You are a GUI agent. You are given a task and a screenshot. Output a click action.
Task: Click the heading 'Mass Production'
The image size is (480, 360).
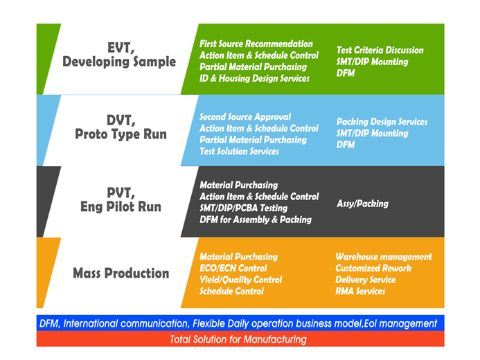click(x=121, y=273)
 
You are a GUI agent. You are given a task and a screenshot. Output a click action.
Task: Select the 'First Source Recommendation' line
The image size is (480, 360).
click(x=256, y=44)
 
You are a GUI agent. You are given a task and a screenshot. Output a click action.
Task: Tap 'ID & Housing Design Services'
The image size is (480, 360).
click(x=254, y=78)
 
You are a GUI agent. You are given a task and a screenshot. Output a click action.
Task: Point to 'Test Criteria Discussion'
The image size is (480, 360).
click(x=380, y=50)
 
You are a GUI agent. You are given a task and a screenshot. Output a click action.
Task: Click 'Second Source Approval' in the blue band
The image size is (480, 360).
click(x=245, y=117)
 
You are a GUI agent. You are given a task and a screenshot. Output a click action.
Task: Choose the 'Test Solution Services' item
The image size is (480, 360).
click(x=239, y=151)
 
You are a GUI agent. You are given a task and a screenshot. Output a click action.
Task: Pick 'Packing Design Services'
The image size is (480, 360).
click(x=382, y=122)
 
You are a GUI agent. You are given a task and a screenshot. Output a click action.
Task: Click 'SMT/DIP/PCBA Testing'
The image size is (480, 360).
click(x=243, y=208)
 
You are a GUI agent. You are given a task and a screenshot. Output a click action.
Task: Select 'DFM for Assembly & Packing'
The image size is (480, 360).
click(x=255, y=219)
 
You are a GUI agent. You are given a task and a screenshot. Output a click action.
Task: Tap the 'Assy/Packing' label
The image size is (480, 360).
click(x=362, y=204)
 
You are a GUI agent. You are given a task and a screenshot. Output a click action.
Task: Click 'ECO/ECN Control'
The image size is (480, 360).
click(x=233, y=268)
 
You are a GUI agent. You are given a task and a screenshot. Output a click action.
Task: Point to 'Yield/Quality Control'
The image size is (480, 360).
click(x=240, y=280)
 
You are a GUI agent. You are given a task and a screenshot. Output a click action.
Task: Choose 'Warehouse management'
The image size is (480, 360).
click(x=383, y=257)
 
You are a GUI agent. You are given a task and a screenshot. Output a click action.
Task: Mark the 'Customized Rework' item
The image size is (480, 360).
click(x=373, y=268)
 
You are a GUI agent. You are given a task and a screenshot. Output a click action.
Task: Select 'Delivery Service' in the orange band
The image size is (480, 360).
click(x=365, y=280)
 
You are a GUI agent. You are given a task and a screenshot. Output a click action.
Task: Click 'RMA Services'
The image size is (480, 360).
click(x=360, y=291)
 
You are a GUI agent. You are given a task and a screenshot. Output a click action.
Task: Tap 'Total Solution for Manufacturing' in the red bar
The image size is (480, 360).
click(x=238, y=339)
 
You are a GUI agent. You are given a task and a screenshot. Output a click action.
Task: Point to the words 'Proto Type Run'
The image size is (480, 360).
click(x=121, y=134)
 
